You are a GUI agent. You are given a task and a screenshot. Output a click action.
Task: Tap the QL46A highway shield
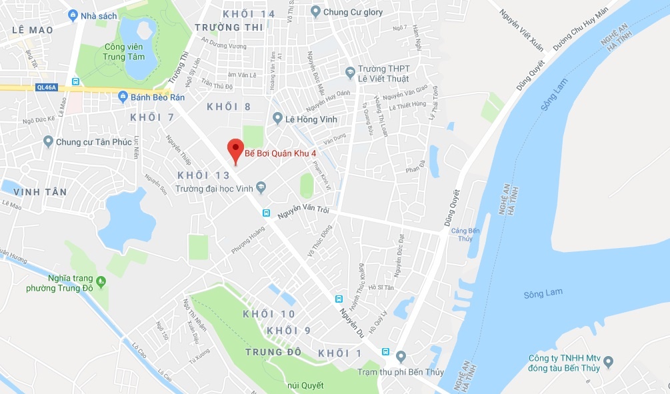point(46,87)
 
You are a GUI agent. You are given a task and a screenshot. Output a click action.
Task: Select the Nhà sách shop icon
point(72,15)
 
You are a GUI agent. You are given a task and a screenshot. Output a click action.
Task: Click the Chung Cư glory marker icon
point(315,11)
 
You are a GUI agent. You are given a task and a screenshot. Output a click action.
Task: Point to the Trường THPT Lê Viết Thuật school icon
point(349,72)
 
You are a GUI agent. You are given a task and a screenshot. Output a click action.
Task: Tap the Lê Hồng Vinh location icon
point(277,119)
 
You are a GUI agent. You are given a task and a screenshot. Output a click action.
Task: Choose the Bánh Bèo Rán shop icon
point(123,97)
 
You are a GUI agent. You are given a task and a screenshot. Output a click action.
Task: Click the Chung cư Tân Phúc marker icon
point(47,141)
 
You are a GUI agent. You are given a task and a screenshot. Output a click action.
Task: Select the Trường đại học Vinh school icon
point(261,188)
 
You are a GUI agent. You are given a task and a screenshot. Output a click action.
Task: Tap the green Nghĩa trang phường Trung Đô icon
point(101,281)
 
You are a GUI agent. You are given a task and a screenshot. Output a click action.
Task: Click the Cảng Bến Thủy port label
point(461,234)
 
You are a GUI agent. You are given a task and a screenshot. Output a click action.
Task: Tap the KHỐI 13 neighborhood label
point(203,175)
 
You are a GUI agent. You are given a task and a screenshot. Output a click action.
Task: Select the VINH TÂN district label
point(39,192)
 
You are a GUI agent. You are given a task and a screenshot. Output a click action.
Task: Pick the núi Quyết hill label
point(305,385)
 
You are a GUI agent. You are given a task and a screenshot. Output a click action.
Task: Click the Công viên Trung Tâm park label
point(125,51)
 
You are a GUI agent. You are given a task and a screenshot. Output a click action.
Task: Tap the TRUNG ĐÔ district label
point(273,351)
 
